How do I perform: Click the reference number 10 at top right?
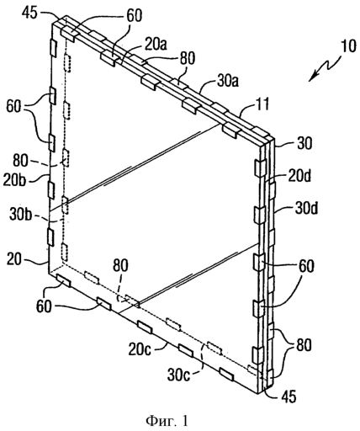click(348, 46)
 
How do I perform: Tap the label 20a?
click(155, 44)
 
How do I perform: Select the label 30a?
click(227, 82)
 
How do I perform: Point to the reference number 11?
click(262, 104)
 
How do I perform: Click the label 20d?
click(298, 176)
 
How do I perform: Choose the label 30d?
click(305, 209)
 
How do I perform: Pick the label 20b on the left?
click(14, 180)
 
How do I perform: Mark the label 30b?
click(20, 214)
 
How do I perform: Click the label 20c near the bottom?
click(140, 349)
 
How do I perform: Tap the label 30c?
click(179, 375)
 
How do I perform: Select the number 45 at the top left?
click(29, 13)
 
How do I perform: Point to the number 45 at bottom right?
click(289, 396)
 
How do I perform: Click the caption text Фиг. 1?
click(167, 421)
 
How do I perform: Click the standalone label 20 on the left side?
click(14, 259)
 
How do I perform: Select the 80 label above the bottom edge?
click(121, 265)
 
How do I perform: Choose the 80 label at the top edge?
click(187, 58)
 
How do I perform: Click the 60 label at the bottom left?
click(44, 306)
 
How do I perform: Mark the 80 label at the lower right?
click(304, 345)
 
